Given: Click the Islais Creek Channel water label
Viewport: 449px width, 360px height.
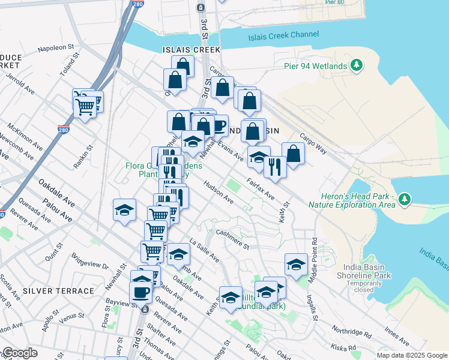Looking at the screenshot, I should pos(284,35).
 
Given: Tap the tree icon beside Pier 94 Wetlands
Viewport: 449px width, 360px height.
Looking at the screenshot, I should pos(357,65).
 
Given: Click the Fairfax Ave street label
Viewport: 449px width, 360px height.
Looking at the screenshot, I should pos(260,187).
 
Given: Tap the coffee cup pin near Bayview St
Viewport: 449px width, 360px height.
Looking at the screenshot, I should pos(141,293).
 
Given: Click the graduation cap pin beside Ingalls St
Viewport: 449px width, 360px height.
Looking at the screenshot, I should pos(296,264).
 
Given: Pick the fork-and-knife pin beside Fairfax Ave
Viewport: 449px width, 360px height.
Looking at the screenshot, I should pos(275,166).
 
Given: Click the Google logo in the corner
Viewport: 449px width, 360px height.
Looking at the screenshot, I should pos(20,353).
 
